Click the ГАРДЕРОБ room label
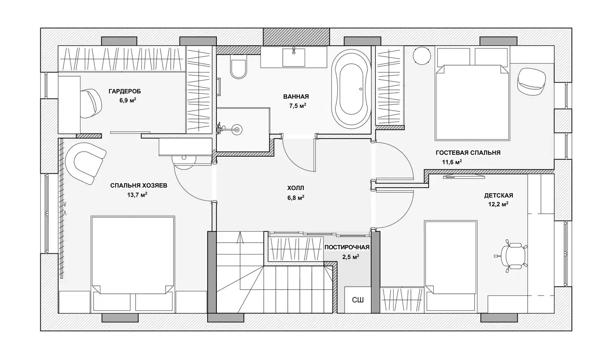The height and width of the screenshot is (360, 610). tap(125, 91)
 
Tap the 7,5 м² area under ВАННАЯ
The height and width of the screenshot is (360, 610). tap(298, 105)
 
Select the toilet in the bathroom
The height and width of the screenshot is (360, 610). tap(238, 66)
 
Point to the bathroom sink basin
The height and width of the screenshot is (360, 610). tap(294, 57)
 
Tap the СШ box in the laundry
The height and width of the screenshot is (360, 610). tap(358, 300)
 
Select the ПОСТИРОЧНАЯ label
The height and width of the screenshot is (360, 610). tap(347, 247)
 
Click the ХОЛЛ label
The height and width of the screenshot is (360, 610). tap(296, 188)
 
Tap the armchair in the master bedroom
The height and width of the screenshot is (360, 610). tap(85, 163)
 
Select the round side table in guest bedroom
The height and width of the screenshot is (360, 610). tap(422, 56)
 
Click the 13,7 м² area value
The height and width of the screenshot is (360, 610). tap(137, 195)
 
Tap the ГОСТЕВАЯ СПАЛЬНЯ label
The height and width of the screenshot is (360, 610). tap(468, 153)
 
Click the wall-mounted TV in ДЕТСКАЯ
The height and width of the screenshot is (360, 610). tap(464, 177)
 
